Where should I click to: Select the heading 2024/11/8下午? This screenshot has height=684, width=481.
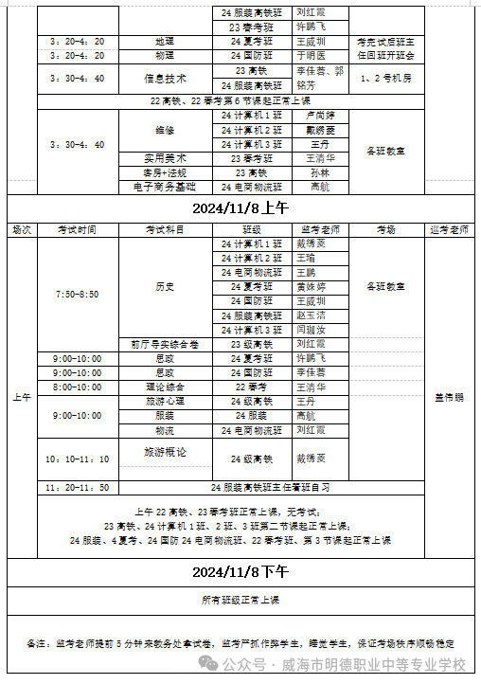coord(240,571)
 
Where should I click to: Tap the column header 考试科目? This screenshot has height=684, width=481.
coord(165,229)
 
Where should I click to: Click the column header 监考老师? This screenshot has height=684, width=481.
coord(320,229)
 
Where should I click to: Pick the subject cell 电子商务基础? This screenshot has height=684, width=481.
coord(165,187)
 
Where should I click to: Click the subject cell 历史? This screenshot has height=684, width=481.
coord(165,286)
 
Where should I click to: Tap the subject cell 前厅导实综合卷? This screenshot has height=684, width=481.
coord(165,344)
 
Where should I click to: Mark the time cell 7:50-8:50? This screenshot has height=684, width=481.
coord(78,294)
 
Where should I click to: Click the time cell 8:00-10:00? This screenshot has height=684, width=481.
coord(78,387)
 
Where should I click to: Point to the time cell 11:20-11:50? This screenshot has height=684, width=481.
coord(78,487)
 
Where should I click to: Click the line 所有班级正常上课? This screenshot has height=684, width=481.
coord(240,600)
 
